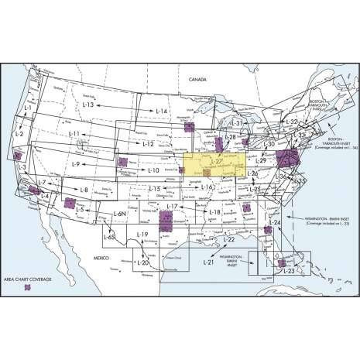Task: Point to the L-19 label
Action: tap(141, 235)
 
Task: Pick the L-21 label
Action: tap(207, 264)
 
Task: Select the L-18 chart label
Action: tap(215, 212)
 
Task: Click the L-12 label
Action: tap(149, 145)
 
